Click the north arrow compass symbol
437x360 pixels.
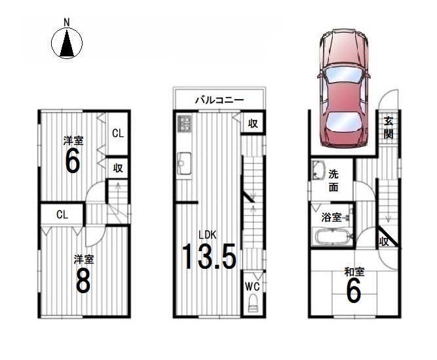pyautogui.click(x=67, y=43)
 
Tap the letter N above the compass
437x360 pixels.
pyautogui.click(x=67, y=22)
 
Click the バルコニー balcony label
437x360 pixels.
pyautogui.click(x=219, y=100)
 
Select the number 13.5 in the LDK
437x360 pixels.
pyautogui.click(x=209, y=256)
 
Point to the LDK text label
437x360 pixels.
pyautogui.click(x=207, y=235)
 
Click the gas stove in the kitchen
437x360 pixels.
pyautogui.click(x=184, y=123)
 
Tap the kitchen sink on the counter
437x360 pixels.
pyautogui.click(x=184, y=163)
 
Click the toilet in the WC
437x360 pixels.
pyautogui.click(x=253, y=304)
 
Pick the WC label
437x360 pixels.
pyautogui.click(x=252, y=287)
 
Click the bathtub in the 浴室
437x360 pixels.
pyautogui.click(x=332, y=237)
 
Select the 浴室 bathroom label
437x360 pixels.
pyautogui.click(x=331, y=218)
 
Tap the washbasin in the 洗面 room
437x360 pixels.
pyautogui.click(x=319, y=170)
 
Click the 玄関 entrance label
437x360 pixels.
pyautogui.click(x=389, y=128)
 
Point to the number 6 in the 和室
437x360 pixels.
pyautogui.click(x=354, y=290)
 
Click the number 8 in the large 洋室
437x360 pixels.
pyautogui.click(x=83, y=281)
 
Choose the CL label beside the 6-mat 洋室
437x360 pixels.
pyautogui.click(x=118, y=134)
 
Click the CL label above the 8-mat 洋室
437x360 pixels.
pyautogui.click(x=62, y=214)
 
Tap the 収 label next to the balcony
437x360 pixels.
pyautogui.click(x=253, y=123)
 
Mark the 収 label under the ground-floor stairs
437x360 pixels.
pyautogui.click(x=384, y=241)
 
